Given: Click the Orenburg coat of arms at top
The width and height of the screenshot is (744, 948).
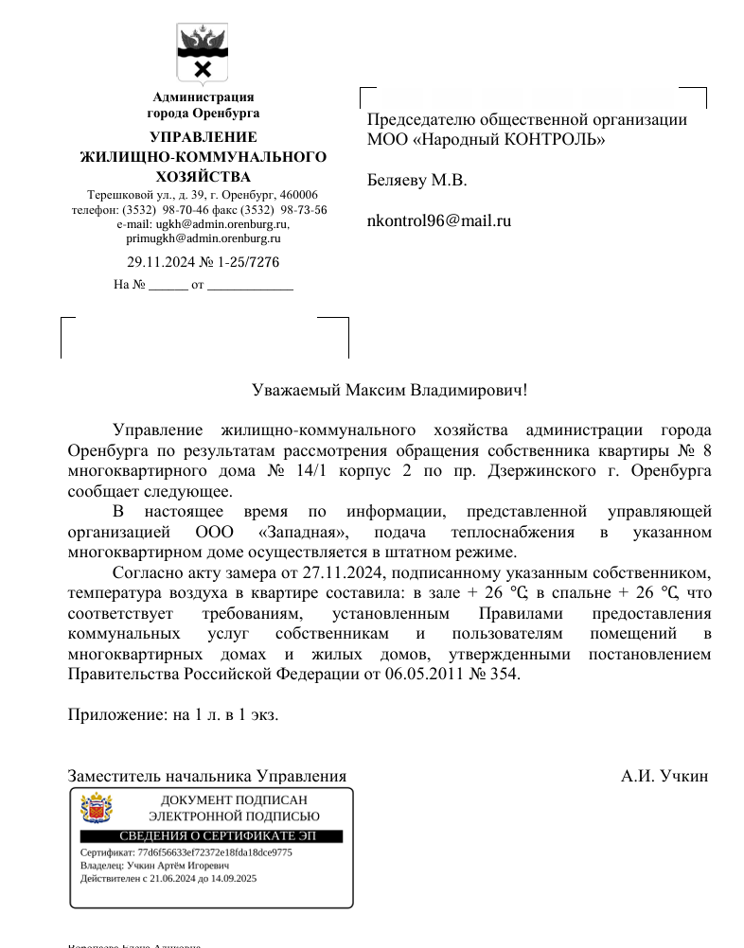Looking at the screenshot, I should pos(203,53).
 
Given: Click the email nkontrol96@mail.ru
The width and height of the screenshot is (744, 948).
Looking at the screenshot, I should pos(438,221).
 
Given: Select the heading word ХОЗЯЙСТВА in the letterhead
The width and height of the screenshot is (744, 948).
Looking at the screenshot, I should pos(204,177).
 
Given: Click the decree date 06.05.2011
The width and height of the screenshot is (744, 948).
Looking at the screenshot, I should pos(420,675).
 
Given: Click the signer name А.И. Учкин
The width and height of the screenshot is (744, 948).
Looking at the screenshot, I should pos(664,777).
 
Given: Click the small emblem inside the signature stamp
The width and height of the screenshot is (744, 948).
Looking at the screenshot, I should pos(97,810).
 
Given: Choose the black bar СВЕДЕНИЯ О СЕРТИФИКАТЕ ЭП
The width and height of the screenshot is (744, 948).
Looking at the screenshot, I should pos(211,836).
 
